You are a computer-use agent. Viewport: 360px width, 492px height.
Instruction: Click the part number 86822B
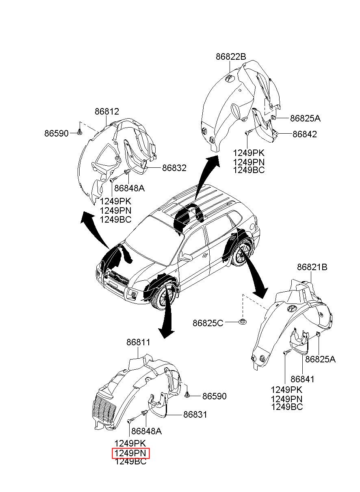pos(231,56)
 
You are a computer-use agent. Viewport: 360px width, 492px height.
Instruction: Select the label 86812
pos(107,112)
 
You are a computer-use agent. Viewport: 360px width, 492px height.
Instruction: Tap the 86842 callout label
pos(304,134)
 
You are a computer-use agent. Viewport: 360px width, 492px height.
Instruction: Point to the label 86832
pos(174,168)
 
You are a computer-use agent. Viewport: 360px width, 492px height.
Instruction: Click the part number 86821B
pos(312,267)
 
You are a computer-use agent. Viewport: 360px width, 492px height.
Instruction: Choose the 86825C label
pos(208,323)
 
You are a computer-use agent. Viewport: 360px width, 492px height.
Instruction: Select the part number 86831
pos(195,415)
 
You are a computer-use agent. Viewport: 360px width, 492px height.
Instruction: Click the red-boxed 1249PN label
pos(130,453)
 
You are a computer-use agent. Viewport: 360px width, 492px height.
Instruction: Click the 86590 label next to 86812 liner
pos(56,133)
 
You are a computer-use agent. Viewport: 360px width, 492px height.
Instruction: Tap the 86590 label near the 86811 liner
pos(214,396)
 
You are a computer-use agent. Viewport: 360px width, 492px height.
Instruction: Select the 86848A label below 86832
pos(129,188)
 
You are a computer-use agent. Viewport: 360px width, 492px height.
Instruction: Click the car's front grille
pos(117,278)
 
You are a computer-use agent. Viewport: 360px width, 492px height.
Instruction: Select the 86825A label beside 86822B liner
pos(305,118)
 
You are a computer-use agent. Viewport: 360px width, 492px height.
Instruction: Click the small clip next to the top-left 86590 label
pos(80,132)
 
